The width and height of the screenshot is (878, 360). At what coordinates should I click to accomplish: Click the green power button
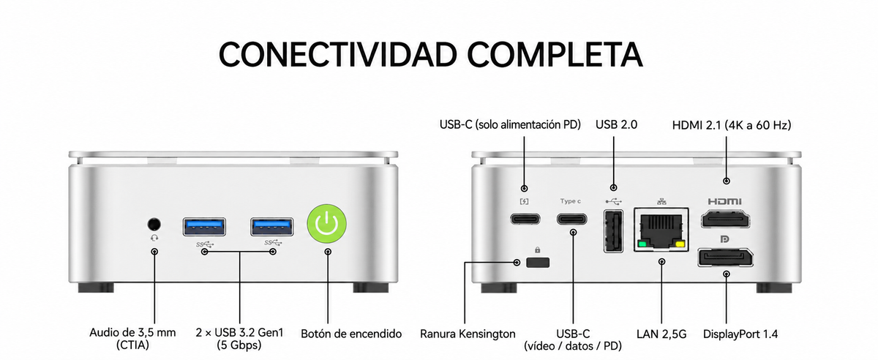tap(327, 223)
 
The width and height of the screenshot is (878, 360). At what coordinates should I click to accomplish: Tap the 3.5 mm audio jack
tap(154, 225)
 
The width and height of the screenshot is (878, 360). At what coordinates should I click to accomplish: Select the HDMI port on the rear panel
tap(726, 219)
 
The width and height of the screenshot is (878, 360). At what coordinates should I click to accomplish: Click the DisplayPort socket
tap(725, 258)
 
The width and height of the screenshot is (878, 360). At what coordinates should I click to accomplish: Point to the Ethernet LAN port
tap(661, 230)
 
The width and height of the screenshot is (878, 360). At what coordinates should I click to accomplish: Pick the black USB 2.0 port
tap(613, 231)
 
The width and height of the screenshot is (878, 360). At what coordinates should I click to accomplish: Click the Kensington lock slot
tap(538, 262)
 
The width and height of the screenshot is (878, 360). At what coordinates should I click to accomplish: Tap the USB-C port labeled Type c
tap(572, 219)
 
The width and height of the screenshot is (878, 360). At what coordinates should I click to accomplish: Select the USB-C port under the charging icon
tap(525, 219)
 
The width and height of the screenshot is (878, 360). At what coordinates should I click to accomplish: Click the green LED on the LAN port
tap(642, 244)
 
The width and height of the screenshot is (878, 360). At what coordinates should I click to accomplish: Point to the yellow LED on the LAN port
tap(680, 244)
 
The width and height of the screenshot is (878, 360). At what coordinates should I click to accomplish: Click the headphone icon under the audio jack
tap(154, 238)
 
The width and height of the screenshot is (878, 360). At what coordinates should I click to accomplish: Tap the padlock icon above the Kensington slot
tap(537, 250)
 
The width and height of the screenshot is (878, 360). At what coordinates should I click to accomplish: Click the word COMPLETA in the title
tap(555, 54)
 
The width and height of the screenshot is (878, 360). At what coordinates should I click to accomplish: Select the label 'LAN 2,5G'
tap(661, 334)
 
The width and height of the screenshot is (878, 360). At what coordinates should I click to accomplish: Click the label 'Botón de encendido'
tap(351, 334)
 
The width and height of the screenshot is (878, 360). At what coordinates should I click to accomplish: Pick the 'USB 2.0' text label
tap(616, 124)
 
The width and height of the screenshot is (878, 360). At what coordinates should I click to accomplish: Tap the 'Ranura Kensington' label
tap(468, 334)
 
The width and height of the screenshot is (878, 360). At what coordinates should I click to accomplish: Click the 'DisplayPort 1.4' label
tap(740, 334)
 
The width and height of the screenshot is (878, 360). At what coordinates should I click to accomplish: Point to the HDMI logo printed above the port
tap(725, 201)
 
